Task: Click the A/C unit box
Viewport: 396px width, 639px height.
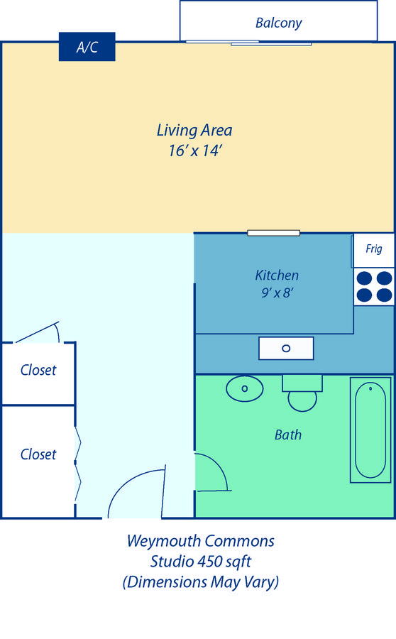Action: pyautogui.click(x=87, y=46)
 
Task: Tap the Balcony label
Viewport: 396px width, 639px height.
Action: pyautogui.click(x=279, y=23)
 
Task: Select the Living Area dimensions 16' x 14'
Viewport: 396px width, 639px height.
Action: pyautogui.click(x=195, y=151)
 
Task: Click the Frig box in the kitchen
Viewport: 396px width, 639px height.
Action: pyautogui.click(x=373, y=250)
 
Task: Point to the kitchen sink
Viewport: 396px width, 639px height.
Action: pyautogui.click(x=286, y=349)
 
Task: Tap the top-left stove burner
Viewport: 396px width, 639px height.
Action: pyautogui.click(x=364, y=278)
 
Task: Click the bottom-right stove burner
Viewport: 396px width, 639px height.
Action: pyautogui.click(x=384, y=295)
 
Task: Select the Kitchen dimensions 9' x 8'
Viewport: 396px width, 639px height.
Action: pyautogui.click(x=277, y=293)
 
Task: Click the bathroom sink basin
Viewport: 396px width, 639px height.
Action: pyautogui.click(x=244, y=388)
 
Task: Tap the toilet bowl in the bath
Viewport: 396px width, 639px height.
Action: pyautogui.click(x=302, y=400)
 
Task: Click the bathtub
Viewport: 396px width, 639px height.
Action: pyautogui.click(x=370, y=430)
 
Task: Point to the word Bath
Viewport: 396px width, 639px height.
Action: pyautogui.click(x=288, y=435)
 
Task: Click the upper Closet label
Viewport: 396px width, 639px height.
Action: pyautogui.click(x=38, y=370)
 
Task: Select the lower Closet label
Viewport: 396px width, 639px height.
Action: pyautogui.click(x=38, y=454)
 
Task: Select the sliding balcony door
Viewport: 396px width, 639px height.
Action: pyautogui.click(x=249, y=43)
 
